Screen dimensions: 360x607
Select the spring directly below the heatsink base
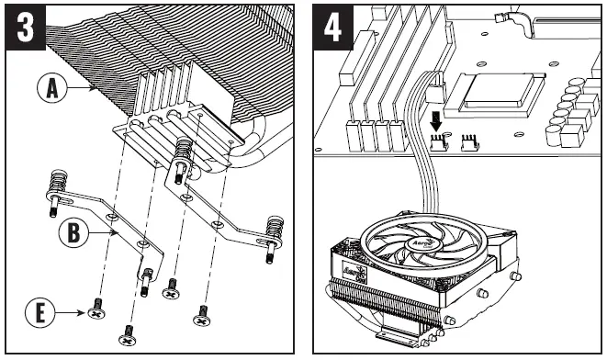pos(184,147)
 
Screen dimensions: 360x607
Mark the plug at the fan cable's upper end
pos(433,90)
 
